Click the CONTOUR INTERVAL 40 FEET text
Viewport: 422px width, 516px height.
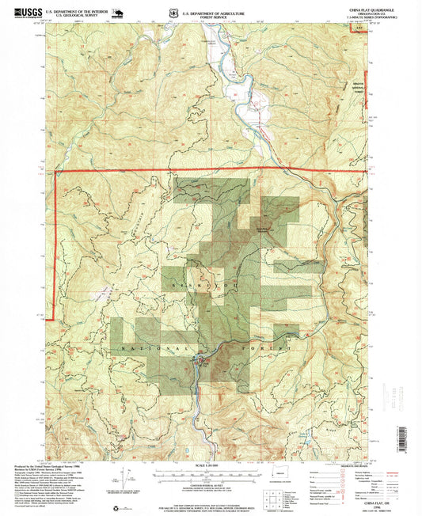pos(211,490)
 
